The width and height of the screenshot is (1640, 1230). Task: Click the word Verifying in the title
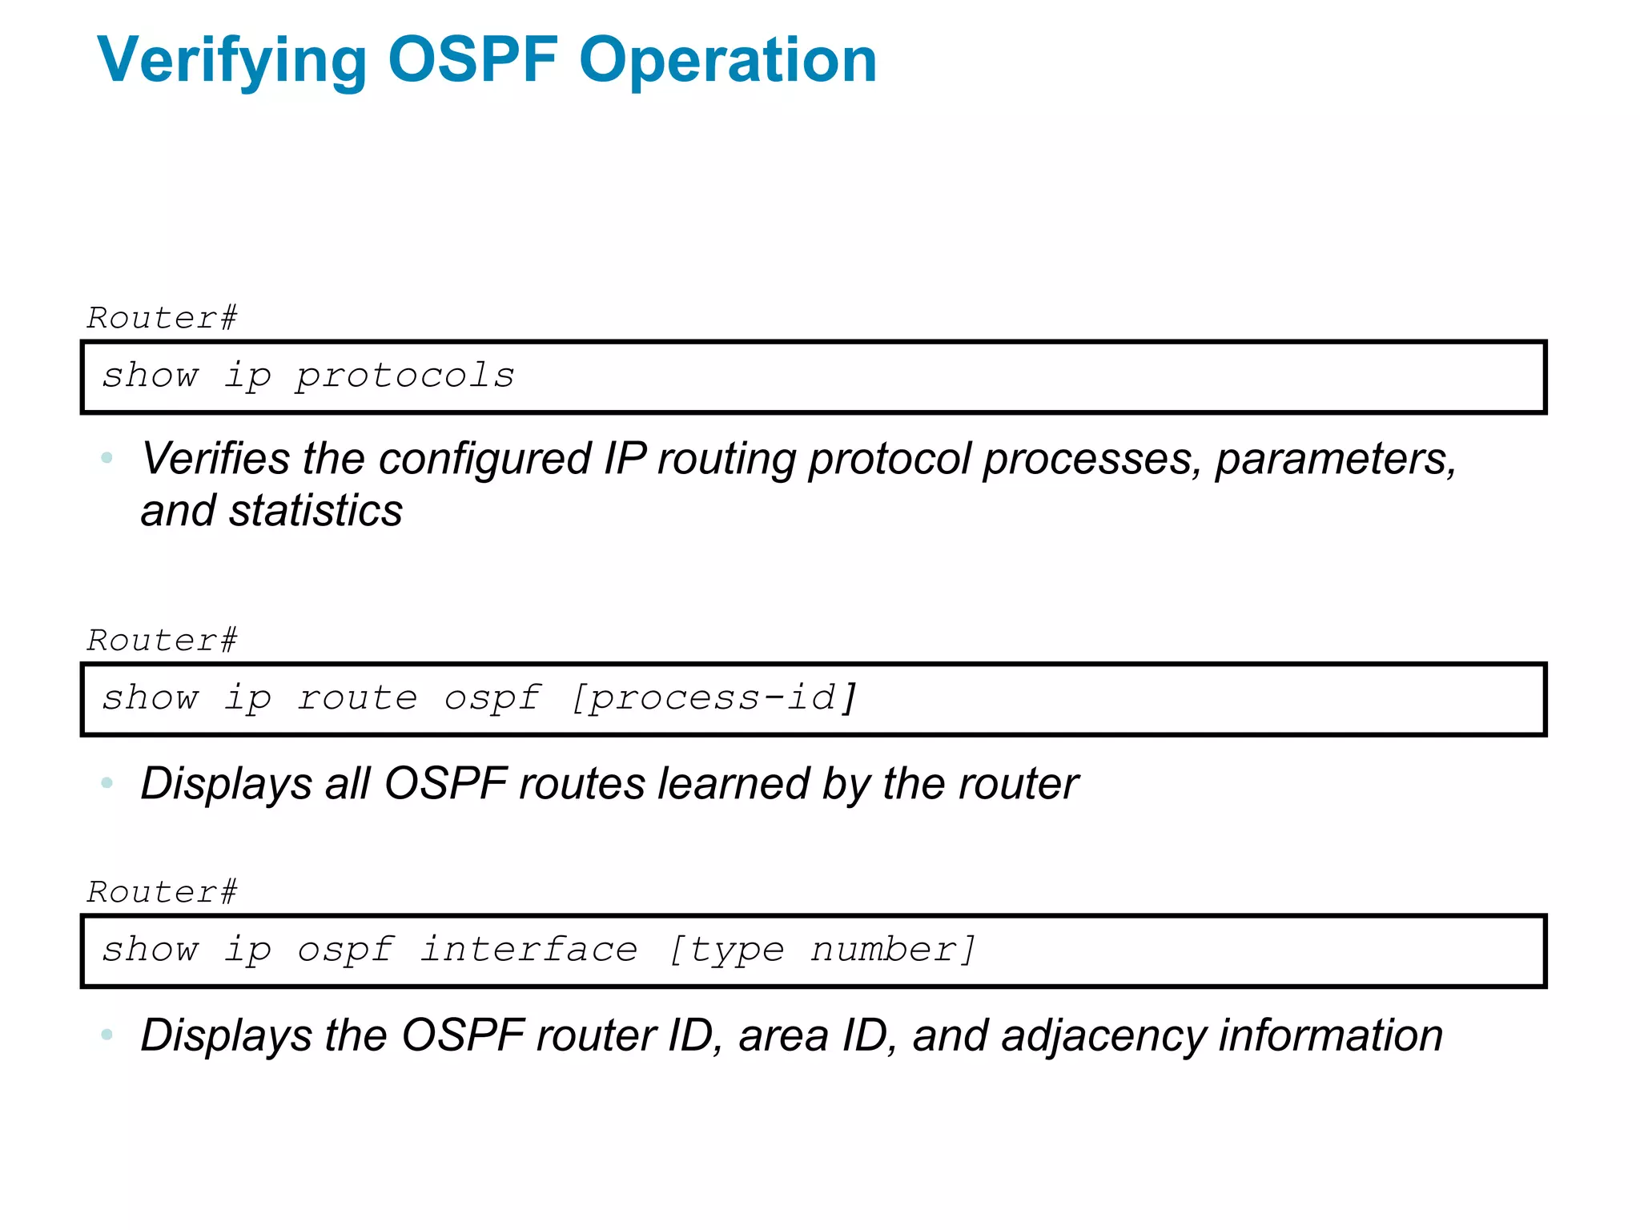(x=231, y=61)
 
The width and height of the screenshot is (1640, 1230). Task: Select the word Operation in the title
(x=728, y=61)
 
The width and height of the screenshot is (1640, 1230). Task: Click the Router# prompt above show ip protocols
(x=163, y=318)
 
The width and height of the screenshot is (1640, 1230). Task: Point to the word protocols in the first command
(x=405, y=376)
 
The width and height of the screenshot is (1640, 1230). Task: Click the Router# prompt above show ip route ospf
(x=163, y=641)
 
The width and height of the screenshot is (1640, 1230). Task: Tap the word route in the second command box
(x=357, y=698)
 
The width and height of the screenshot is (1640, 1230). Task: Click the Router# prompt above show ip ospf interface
(x=163, y=892)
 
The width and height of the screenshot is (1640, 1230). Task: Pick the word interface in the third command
(x=529, y=950)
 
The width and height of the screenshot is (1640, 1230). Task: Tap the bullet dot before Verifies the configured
(x=107, y=458)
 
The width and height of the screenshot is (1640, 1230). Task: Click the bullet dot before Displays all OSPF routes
(x=107, y=782)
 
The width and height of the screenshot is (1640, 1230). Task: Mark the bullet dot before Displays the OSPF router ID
(x=107, y=1035)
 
